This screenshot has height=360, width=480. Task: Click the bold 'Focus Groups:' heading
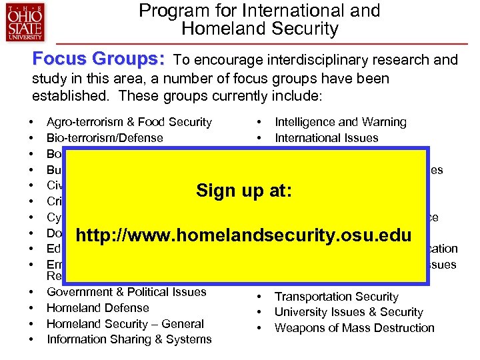click(x=99, y=59)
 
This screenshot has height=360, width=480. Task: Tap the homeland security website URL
click(x=245, y=235)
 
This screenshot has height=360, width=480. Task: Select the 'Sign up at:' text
click(x=245, y=191)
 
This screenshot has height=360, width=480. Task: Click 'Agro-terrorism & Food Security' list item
click(x=129, y=122)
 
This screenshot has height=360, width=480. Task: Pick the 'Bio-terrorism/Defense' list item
click(x=105, y=138)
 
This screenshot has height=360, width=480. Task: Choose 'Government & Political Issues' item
click(x=127, y=292)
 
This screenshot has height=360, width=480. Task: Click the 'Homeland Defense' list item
click(x=97, y=308)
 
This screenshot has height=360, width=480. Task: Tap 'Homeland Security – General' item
click(x=125, y=324)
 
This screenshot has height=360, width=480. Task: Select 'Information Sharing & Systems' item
click(x=129, y=340)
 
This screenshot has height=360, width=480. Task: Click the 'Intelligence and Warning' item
click(x=341, y=122)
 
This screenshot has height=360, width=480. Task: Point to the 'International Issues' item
click(x=326, y=138)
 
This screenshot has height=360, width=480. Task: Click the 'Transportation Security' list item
click(x=336, y=297)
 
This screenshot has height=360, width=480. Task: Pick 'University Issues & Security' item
click(x=349, y=312)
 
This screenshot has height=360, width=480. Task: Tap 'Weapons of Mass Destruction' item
click(x=354, y=328)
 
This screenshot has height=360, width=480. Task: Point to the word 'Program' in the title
click(x=171, y=11)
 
